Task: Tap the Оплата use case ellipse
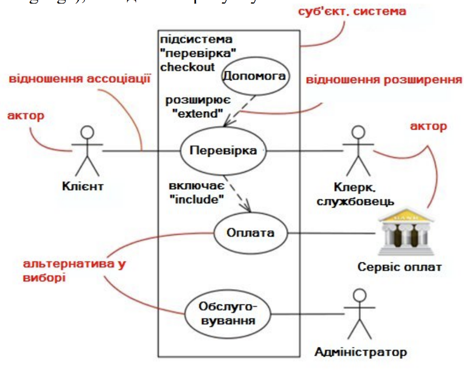point(250,233)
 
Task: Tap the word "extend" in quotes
point(198,114)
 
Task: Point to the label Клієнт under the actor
point(85,186)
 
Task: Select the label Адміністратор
point(361,352)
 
